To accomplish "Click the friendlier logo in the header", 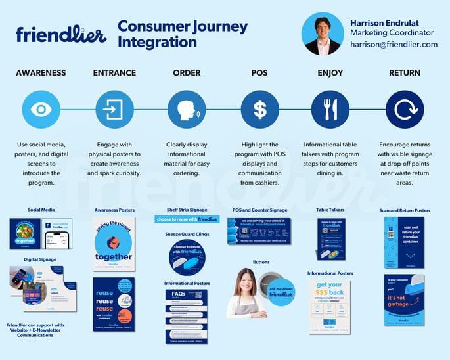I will click(61, 34).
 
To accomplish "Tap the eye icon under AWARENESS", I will click(41, 109).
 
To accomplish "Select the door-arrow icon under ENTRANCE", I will click(114, 109).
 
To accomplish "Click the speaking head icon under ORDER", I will click(187, 109).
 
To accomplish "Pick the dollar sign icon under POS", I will click(259, 109).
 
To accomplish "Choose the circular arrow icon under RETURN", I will click(405, 109).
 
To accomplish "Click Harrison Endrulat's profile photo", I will click(323, 34).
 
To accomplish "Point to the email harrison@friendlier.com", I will click(394, 45).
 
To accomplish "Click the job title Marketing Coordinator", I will click(392, 33).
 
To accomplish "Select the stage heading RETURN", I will click(405, 72).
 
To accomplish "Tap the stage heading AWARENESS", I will click(41, 72).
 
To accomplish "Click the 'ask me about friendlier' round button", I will click(281, 292).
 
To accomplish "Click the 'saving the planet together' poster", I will click(114, 243).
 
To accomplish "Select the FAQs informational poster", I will click(187, 317).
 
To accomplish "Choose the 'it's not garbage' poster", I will click(404, 300).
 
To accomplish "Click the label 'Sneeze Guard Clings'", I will click(187, 233).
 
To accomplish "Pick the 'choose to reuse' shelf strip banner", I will click(187, 219).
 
